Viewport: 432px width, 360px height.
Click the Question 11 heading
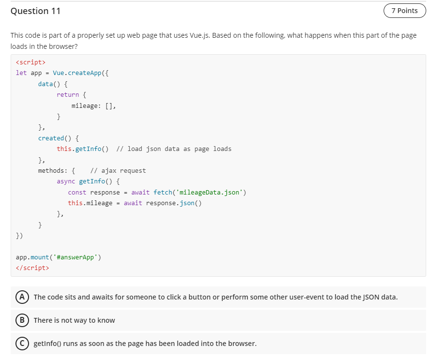[35, 11]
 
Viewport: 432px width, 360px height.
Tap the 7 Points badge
[404, 11]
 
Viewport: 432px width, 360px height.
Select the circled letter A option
[22, 297]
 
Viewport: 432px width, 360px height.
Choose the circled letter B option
[22, 320]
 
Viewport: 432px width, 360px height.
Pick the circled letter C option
[22, 343]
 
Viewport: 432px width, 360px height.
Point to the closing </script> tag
[32, 268]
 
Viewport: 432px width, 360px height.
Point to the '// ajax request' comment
[118, 170]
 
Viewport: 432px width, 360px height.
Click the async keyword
[66, 181]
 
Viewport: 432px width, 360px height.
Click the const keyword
[77, 192]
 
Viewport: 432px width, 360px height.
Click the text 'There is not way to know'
[74, 320]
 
